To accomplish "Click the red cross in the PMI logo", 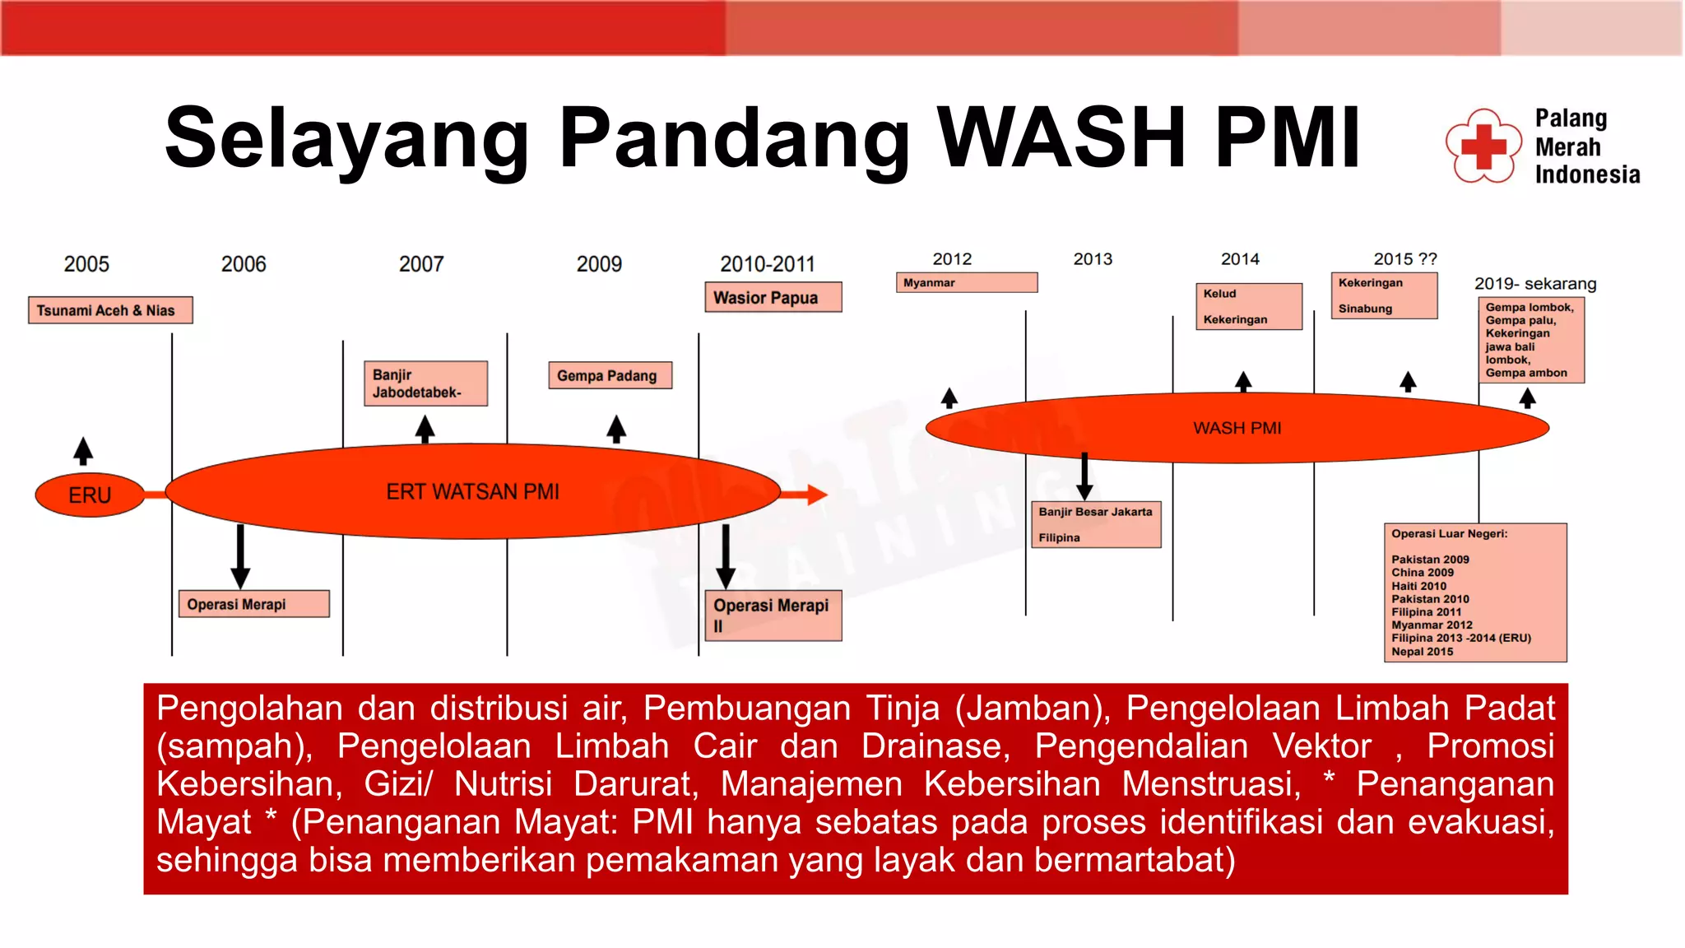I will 1483,147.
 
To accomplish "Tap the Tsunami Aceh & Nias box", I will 110,310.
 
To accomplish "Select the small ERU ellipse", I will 90,495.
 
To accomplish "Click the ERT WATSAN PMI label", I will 473,492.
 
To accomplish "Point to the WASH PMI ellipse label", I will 1237,428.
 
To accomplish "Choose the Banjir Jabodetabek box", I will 425,383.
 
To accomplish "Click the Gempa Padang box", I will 610,375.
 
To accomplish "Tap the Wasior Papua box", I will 773,298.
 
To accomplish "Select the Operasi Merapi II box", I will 773,615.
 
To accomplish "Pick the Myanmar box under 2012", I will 966,283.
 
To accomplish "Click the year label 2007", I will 421,264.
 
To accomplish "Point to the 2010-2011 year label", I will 767,264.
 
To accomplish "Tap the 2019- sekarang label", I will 1534,284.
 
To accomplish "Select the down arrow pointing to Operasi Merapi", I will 240,556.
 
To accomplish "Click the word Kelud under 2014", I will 1219,294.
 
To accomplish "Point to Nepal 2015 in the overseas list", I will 1422,652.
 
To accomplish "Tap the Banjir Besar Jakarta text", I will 1095,512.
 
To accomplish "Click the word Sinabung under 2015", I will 1365,309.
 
